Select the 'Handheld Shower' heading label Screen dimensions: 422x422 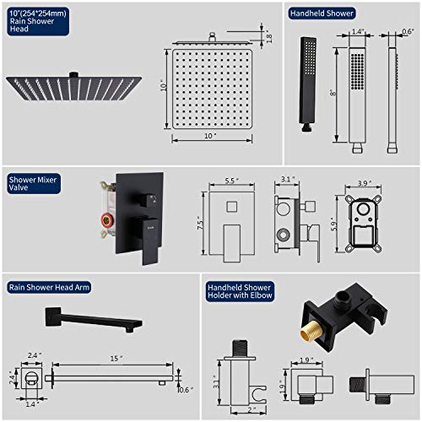(322, 14)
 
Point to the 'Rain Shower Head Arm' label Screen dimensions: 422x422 (48, 287)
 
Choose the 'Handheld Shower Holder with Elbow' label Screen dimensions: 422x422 (240, 291)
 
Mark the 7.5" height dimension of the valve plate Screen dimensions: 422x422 (199, 224)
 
